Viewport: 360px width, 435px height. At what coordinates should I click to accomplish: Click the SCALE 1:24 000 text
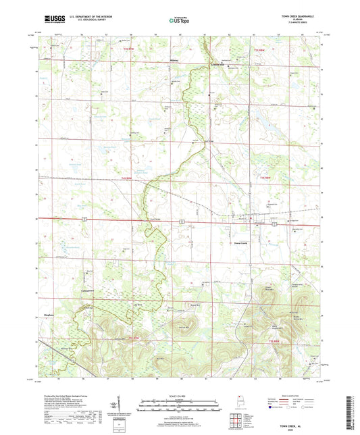click(x=179, y=395)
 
